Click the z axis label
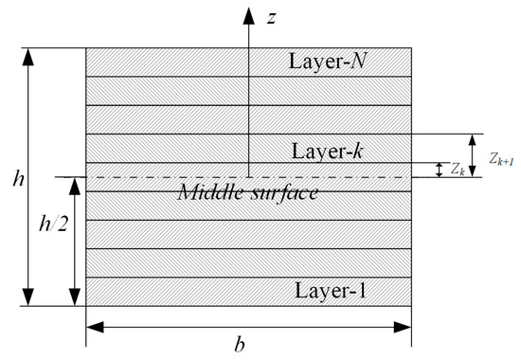tap(271, 19)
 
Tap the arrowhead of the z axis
tap(248, 14)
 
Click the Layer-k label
tap(329, 150)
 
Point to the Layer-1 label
tap(329, 291)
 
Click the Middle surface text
tap(247, 191)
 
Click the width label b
tap(240, 346)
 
